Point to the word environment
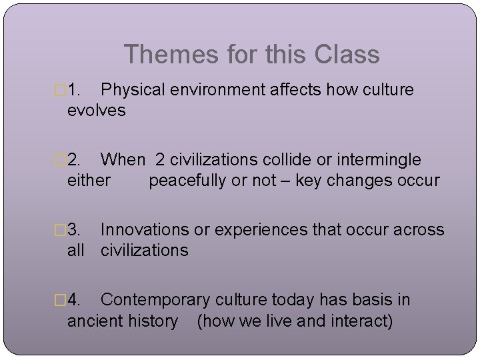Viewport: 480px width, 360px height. pyautogui.click(x=215, y=90)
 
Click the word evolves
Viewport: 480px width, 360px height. pyautogui.click(x=96, y=110)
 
